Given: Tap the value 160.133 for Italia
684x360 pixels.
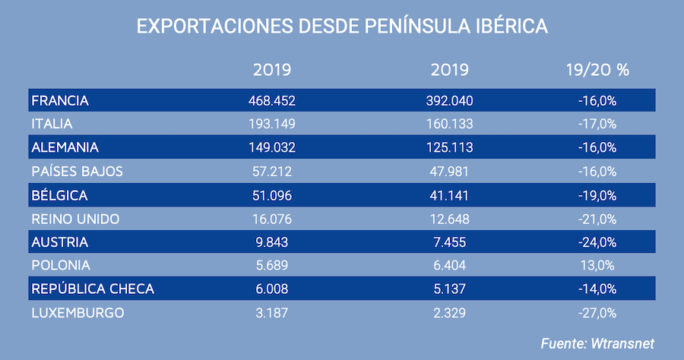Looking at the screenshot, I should pyautogui.click(x=449, y=124).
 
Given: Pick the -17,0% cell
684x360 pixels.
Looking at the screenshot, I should pyautogui.click(x=597, y=124).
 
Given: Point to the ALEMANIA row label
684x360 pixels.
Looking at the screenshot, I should pyautogui.click(x=66, y=147).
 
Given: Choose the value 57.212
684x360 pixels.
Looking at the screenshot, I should pyautogui.click(x=271, y=171).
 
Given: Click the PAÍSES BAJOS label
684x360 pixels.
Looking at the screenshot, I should pyautogui.click(x=77, y=171).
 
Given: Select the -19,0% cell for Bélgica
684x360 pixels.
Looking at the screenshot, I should pyautogui.click(x=597, y=195).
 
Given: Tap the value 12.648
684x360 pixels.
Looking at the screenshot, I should pyautogui.click(x=449, y=219).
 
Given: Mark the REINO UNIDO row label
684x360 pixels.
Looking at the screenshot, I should pyautogui.click(x=76, y=219).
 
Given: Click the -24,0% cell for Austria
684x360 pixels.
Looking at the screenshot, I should pyautogui.click(x=597, y=242).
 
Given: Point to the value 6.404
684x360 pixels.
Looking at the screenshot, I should pyautogui.click(x=449, y=266).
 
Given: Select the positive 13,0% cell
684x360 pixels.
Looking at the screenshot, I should pyautogui.click(x=597, y=266).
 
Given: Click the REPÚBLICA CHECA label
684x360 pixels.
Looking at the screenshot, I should pyautogui.click(x=93, y=289).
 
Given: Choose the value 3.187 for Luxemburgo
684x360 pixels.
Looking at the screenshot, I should pyautogui.click(x=271, y=313).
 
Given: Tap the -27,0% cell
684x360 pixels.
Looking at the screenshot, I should pyautogui.click(x=597, y=313).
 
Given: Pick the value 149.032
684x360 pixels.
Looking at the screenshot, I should pyautogui.click(x=271, y=147).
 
